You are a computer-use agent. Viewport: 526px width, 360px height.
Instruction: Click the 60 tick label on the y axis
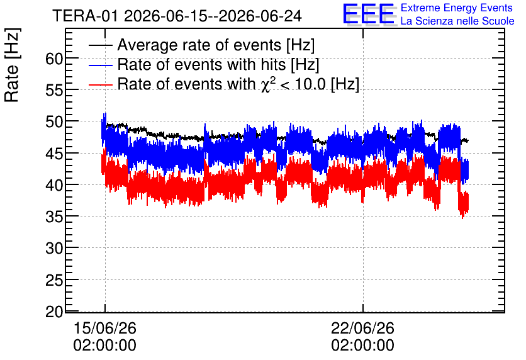(54, 59)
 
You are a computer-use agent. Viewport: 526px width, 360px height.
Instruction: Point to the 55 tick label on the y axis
(54, 90)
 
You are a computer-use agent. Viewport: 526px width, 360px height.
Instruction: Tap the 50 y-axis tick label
(54, 122)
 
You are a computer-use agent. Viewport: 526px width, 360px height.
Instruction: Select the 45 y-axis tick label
(54, 154)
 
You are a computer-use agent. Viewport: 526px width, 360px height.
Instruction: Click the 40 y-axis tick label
(54, 185)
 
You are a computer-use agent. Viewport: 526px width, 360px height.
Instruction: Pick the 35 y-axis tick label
(54, 217)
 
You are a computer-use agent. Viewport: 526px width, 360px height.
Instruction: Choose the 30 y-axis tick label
(54, 248)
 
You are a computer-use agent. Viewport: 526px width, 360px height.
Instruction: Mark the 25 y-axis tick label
(54, 280)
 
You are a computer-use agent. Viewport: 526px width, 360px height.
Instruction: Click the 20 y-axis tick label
(54, 312)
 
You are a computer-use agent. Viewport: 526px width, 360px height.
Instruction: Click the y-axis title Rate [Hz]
(12, 65)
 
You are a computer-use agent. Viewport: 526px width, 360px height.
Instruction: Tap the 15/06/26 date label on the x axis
(104, 328)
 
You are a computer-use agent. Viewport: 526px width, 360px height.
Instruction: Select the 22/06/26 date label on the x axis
(362, 328)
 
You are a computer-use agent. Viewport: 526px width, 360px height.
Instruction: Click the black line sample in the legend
(100, 45)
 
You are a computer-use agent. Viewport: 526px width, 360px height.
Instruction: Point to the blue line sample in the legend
(100, 65)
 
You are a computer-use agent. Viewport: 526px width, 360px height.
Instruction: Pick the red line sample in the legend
(100, 84)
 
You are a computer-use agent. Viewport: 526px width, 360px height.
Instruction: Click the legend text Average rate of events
(199, 45)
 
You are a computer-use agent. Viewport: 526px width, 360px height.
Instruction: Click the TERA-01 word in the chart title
(85, 16)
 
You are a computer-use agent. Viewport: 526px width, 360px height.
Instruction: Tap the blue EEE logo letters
(369, 14)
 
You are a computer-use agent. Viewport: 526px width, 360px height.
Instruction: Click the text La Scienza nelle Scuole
(457, 21)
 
